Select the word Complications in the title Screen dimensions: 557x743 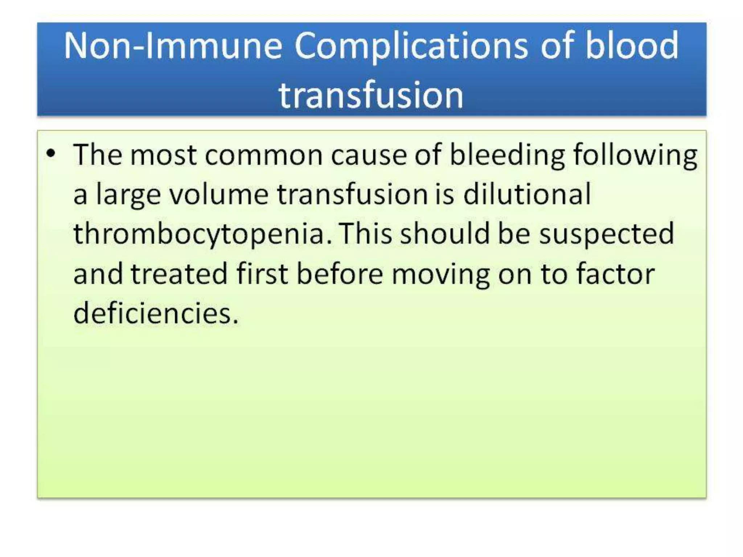411,46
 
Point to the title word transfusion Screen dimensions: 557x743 371,95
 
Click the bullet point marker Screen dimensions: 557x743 51,154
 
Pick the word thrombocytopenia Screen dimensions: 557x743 202,234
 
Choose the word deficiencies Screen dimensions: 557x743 156,313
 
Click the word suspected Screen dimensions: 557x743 606,234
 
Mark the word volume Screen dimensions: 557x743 219,194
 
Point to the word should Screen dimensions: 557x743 445,234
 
